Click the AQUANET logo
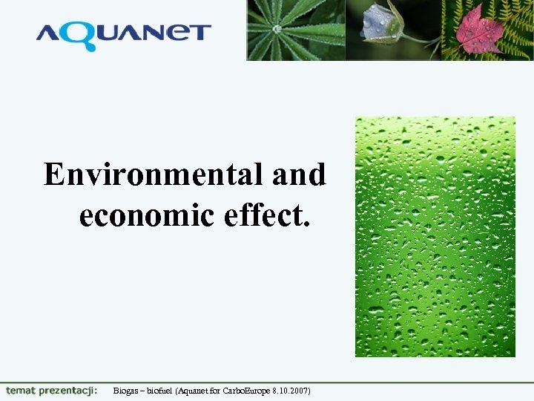123,35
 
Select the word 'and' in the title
299,175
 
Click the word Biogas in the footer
125,391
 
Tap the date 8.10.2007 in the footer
291,391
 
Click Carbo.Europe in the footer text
247,391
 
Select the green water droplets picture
435,236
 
